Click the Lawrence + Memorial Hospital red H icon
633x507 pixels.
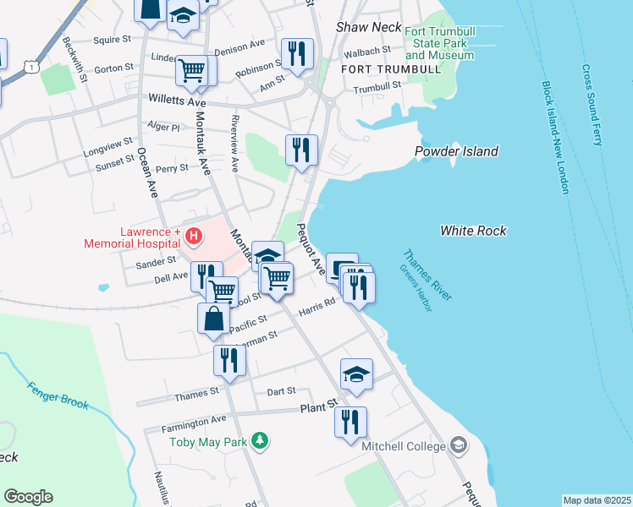194,236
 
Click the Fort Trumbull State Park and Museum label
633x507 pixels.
439,44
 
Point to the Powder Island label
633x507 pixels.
456,151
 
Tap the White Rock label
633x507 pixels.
473,230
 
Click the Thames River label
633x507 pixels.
427,275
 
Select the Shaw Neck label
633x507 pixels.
368,27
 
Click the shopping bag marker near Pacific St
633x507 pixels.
213,320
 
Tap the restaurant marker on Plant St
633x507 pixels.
350,421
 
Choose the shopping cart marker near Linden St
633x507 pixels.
192,70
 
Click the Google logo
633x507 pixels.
28,497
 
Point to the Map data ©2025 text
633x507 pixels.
597,500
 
